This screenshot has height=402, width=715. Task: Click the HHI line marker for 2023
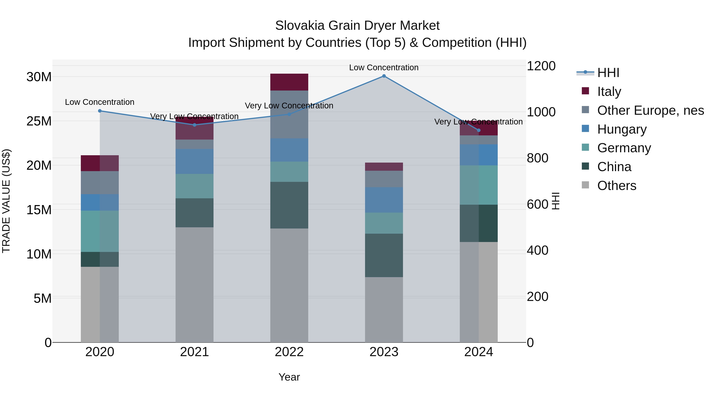tap(384, 76)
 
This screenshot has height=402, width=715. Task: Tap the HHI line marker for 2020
tap(100, 111)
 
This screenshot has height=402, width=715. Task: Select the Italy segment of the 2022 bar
tap(289, 82)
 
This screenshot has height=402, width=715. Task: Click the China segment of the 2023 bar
tap(384, 255)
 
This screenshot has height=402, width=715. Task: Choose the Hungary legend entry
tap(622, 129)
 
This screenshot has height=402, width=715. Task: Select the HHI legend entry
tap(608, 73)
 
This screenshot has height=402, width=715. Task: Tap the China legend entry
tap(614, 167)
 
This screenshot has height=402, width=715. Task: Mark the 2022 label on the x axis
tap(289, 352)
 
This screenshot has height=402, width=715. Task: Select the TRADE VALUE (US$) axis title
tap(6, 201)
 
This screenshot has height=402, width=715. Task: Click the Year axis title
tap(289, 377)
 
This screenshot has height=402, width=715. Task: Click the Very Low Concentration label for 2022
tap(289, 106)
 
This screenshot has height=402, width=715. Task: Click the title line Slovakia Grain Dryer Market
tap(357, 26)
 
